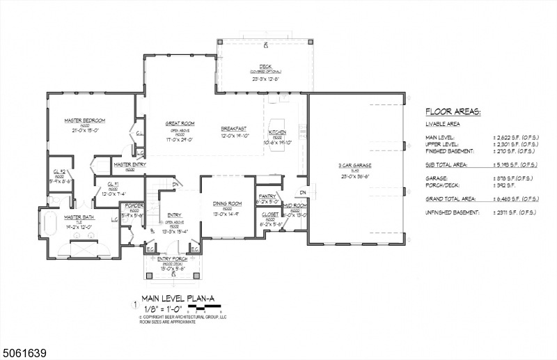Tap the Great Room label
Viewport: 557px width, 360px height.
(180, 123)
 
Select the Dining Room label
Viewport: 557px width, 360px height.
(228, 203)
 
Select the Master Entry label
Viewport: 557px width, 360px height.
(129, 165)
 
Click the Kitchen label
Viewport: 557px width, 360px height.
(277, 131)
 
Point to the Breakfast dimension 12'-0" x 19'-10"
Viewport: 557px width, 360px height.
(235, 136)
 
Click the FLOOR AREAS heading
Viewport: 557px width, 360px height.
(453, 111)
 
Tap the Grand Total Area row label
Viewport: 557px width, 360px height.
(453, 198)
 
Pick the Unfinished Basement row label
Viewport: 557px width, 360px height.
(456, 212)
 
